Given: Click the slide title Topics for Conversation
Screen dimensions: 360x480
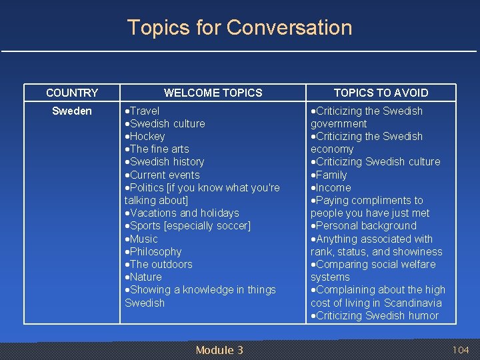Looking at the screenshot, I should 239,27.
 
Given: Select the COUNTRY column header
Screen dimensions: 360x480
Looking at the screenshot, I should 72,93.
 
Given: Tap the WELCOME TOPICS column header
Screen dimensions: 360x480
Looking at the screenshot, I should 213,93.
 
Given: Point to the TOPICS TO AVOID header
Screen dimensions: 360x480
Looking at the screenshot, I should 381,93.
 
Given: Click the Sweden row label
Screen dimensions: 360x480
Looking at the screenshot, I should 72,111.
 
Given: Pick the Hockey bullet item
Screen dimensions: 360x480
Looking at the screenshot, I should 147,136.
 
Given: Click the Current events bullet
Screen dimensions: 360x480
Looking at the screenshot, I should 165,175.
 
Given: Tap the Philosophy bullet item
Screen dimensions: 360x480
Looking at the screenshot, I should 155,251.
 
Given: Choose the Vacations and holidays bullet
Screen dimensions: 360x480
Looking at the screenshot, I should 184,213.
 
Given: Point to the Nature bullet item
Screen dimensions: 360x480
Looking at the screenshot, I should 145,277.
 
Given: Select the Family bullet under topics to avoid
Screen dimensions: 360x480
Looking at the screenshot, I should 331,175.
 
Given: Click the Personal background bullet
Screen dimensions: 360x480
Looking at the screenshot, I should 366,225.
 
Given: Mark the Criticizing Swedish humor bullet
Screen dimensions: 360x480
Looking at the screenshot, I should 377,315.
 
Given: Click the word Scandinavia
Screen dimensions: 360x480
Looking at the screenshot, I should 413,303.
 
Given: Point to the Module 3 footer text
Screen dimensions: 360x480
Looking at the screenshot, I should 219,350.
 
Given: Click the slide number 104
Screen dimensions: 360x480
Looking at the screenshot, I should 461,350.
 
